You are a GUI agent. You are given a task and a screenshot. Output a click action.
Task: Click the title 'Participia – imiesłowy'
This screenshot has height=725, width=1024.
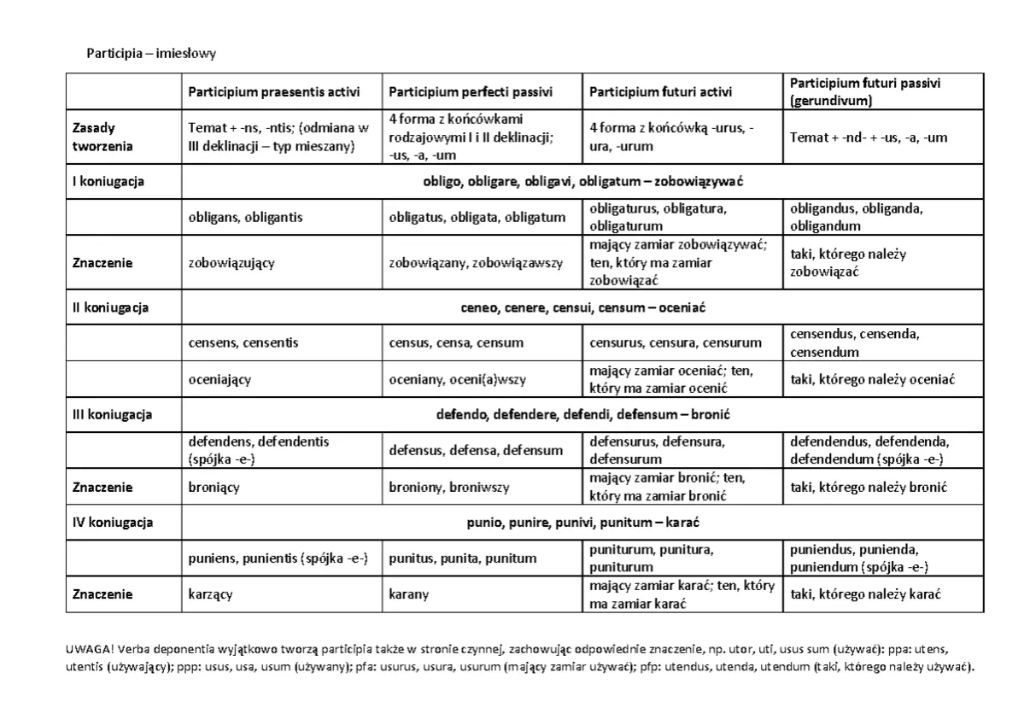pos(151,54)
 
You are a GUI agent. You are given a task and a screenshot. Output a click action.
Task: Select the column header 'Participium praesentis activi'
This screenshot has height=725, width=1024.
pos(273,91)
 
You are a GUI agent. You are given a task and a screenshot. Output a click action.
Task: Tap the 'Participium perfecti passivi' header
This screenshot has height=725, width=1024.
pos(471,91)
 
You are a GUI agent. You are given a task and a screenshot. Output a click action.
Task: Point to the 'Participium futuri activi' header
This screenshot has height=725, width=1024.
pos(661,91)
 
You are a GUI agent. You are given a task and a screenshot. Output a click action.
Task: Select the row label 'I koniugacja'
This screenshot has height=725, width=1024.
pos(108,181)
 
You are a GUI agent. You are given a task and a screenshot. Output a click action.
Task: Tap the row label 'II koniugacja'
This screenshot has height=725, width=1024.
pos(110,307)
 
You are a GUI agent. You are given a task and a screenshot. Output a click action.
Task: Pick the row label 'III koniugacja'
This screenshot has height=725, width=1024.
pos(112,415)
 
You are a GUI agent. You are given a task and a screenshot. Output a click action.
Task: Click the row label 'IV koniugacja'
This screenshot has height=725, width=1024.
pos(112,522)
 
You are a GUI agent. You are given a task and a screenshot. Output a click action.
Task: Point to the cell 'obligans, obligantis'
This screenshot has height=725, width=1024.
pos(245,217)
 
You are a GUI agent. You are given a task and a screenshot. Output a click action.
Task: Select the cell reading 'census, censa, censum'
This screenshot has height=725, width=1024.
pos(456,342)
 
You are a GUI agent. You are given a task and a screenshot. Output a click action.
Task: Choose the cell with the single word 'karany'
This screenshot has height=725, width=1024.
pos(409,594)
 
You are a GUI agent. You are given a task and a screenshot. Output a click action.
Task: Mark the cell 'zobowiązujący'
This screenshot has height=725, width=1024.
pos(231,263)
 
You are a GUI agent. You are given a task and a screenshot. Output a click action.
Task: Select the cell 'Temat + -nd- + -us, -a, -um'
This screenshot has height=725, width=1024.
pos(869,137)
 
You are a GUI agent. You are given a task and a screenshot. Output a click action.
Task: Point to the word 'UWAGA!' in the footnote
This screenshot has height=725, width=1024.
pos(85,648)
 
